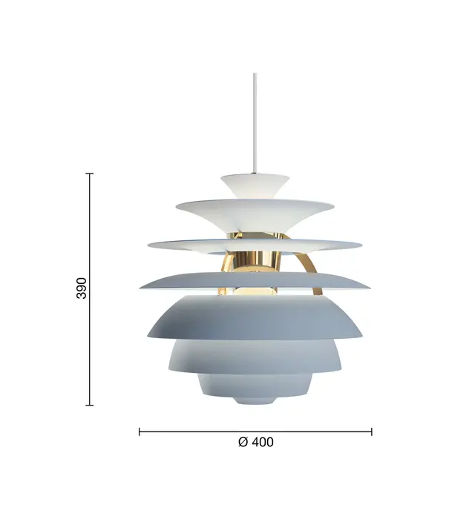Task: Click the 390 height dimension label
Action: coord(82,288)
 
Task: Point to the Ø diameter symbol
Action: coord(243,442)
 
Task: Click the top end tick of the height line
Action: coord(90,173)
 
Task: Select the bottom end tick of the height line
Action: coord(90,405)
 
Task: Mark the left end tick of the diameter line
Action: coord(140,431)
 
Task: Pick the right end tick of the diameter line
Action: coord(372,431)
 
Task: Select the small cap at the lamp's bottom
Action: coord(255,398)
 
